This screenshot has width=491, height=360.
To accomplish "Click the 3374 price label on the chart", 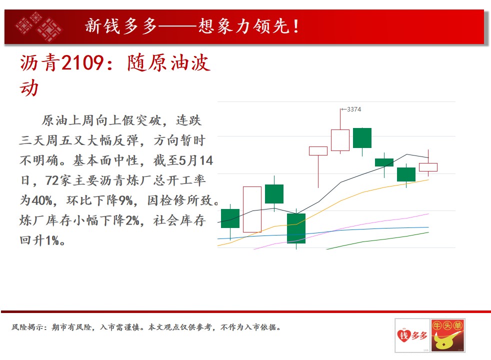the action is [354, 109].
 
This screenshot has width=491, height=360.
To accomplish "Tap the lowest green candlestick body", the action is [296, 228].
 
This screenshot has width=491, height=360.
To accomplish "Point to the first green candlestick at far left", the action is [230, 218].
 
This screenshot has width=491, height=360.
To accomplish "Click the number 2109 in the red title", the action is [82, 62].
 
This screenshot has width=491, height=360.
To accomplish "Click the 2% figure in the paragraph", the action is [132, 220].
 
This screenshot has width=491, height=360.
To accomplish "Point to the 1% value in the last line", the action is [52, 240].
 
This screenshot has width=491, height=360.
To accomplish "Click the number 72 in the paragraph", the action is [52, 180].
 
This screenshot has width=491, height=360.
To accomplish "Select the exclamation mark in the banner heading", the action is [295, 26].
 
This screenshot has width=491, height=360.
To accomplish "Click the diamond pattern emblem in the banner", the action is [39, 26].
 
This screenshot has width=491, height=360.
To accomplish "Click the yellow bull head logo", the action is [448, 336].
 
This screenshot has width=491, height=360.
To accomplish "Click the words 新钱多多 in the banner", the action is [121, 26].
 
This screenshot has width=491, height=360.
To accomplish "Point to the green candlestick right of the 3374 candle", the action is [362, 137].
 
